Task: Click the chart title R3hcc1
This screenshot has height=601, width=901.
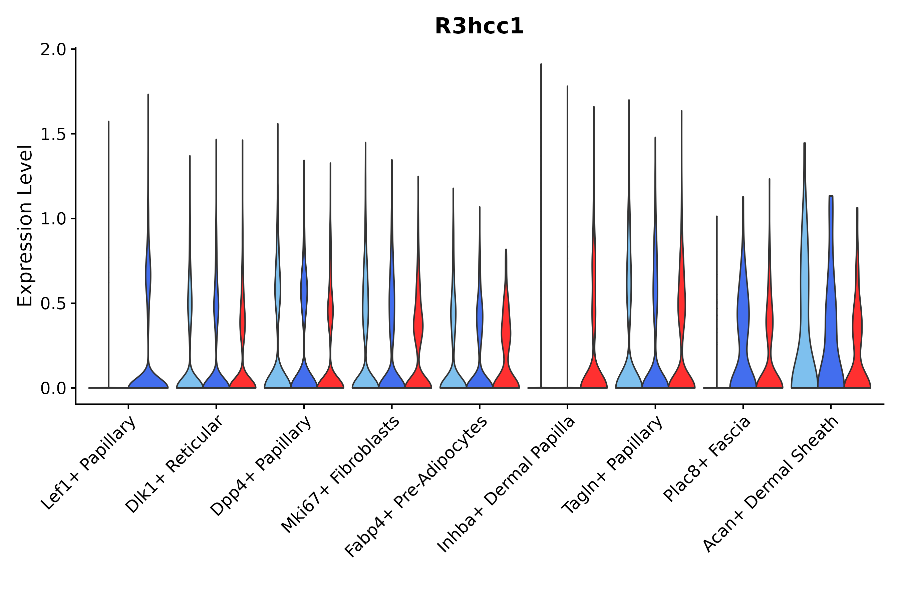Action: point(479,27)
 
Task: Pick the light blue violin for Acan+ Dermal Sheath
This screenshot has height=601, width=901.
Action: point(805,345)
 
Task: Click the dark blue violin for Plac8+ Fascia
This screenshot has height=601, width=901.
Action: point(743,345)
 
